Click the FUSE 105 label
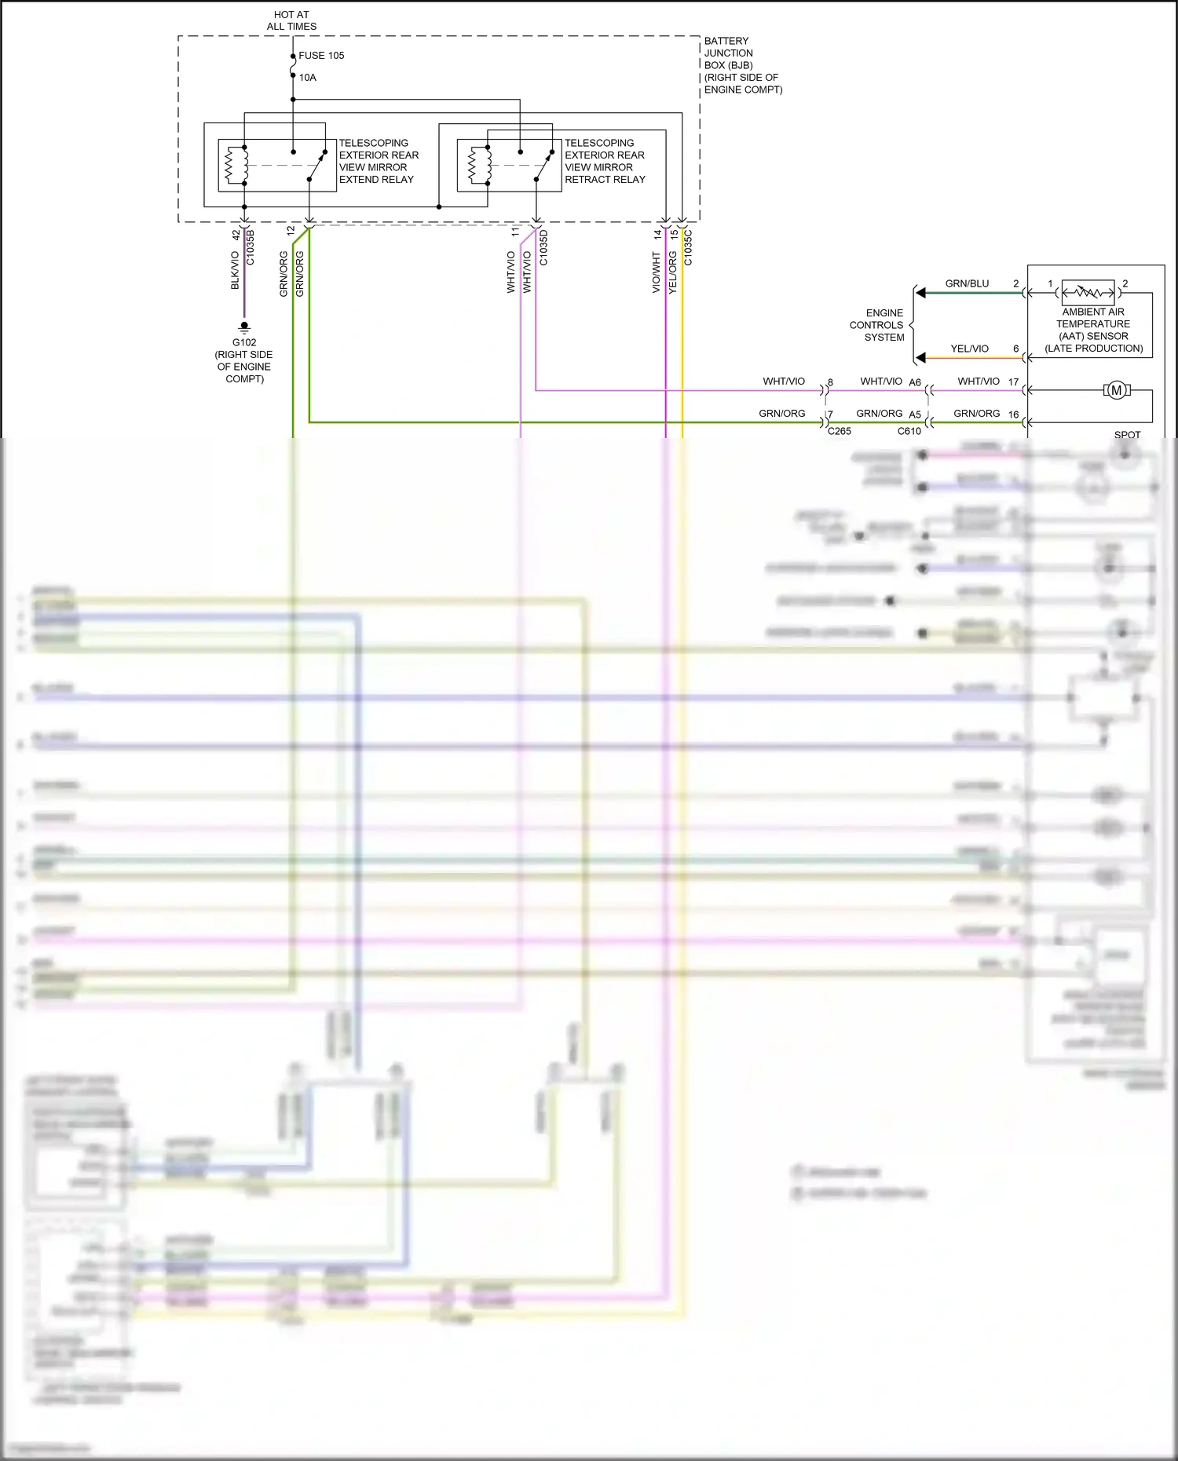pos(321,56)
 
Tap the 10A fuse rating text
pos(307,78)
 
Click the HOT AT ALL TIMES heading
pos(291,20)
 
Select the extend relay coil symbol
pos(230,165)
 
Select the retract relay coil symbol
pos(471,165)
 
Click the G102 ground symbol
pos(244,327)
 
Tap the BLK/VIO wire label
pos(235,270)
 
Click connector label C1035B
pos(251,247)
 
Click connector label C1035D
pos(543,247)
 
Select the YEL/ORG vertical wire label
pos(673,272)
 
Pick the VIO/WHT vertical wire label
pos(656,272)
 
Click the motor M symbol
pos(1116,390)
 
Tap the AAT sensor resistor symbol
pos(1088,293)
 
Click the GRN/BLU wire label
pos(967,283)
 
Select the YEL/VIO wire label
pos(969,349)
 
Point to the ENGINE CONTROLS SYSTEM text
pos(878,325)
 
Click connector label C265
pos(839,431)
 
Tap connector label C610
pos(909,431)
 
